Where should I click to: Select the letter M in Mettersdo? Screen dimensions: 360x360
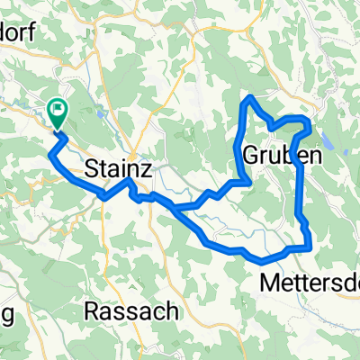[x=268, y=283]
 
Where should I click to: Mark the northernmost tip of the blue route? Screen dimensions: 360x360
[x=251, y=96]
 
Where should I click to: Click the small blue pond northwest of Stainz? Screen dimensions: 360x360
[x=93, y=114]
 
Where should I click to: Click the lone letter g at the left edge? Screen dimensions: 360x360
[x=5, y=314]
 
